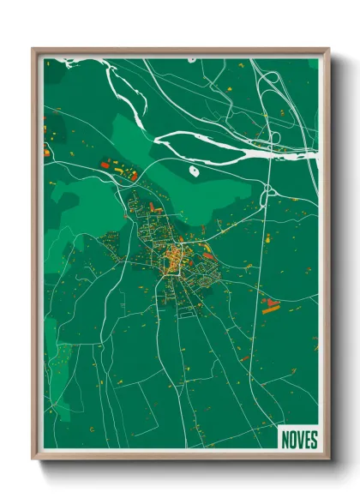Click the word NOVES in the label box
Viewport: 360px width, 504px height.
(298, 440)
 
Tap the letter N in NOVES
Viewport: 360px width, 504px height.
(285, 440)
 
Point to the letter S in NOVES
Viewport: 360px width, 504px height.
(313, 440)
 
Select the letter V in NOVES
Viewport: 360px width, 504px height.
(298, 440)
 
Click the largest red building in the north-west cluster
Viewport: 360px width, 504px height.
(106, 163)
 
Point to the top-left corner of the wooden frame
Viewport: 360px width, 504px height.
(33, 49)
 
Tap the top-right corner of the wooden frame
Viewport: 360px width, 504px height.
(328, 49)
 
